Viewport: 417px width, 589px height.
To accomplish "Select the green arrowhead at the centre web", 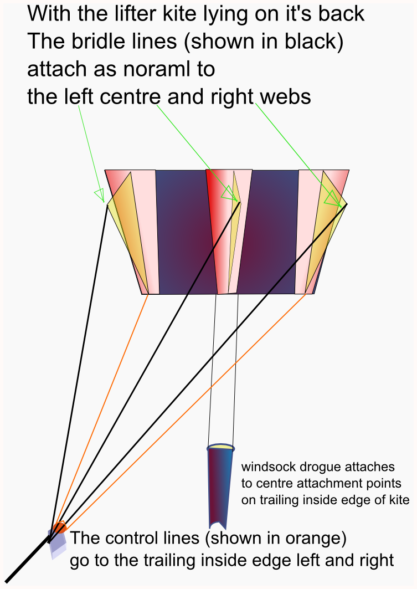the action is (229, 193).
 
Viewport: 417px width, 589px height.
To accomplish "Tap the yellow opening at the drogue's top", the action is (221, 447).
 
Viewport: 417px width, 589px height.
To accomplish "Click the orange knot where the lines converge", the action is (59, 526).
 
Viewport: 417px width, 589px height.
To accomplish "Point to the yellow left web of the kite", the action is (128, 229).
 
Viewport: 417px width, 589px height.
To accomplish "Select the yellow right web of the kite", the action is (325, 229).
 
